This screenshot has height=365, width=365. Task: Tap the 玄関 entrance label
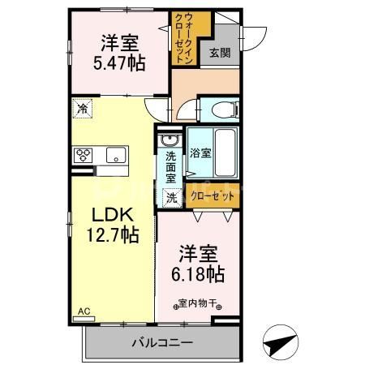pos(219,54)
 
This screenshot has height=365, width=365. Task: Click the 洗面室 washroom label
pos(171,165)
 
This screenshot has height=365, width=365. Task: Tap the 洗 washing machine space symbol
pos(171,196)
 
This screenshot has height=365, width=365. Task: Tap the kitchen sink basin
pos(114,154)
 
